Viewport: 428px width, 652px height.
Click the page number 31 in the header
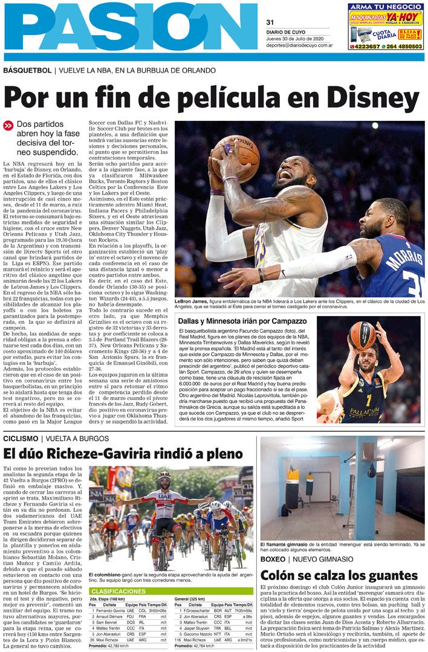click(x=270, y=22)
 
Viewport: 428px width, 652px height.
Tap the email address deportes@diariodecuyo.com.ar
click(x=299, y=45)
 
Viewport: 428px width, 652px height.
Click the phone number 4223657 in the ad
click(x=366, y=47)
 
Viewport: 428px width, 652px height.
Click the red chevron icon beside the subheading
click(x=8, y=126)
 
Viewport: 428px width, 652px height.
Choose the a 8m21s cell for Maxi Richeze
click(x=244, y=639)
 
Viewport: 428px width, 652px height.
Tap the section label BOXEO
click(x=273, y=560)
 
